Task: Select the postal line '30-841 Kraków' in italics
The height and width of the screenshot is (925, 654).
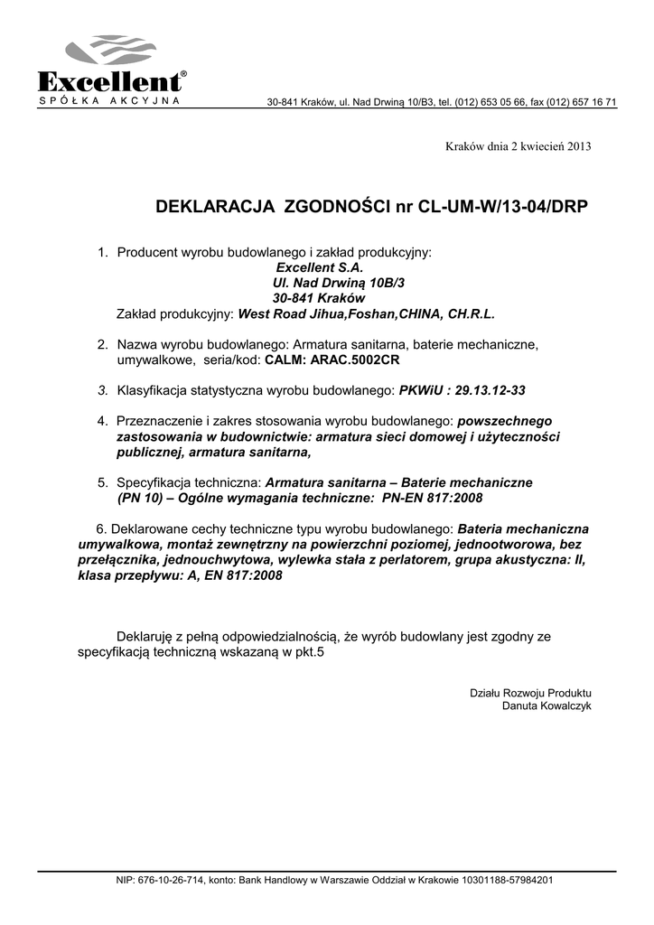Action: pos(317,298)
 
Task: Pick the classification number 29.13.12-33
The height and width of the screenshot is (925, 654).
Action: pos(490,389)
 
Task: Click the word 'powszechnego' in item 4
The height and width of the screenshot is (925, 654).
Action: pos(505,421)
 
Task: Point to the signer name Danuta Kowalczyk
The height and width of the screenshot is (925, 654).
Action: pos(547,705)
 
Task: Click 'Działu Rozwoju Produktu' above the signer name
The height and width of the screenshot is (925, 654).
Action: pos(531,693)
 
